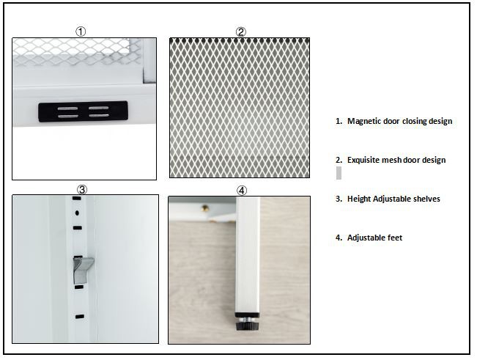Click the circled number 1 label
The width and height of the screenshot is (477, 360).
(81, 32)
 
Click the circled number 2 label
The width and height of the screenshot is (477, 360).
(240, 32)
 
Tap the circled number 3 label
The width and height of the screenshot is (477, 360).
(82, 190)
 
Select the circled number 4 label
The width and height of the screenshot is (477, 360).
(242, 191)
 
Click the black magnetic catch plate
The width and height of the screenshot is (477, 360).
(83, 111)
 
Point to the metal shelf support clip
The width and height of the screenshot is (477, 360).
(82, 269)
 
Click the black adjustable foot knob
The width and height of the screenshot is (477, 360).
(247, 326)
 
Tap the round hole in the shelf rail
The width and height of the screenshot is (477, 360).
(77, 213)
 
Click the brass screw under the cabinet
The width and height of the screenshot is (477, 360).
(206, 208)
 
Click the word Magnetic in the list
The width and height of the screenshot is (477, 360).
(364, 121)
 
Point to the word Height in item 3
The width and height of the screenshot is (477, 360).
(359, 199)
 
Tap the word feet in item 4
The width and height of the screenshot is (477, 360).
(395, 238)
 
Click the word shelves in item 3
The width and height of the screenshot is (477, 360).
(426, 199)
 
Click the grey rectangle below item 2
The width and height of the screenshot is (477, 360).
(339, 173)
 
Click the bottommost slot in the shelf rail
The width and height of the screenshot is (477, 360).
(80, 317)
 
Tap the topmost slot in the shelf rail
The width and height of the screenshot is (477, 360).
(77, 199)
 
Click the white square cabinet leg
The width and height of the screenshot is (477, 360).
(248, 255)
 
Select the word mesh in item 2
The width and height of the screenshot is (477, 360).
(388, 160)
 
